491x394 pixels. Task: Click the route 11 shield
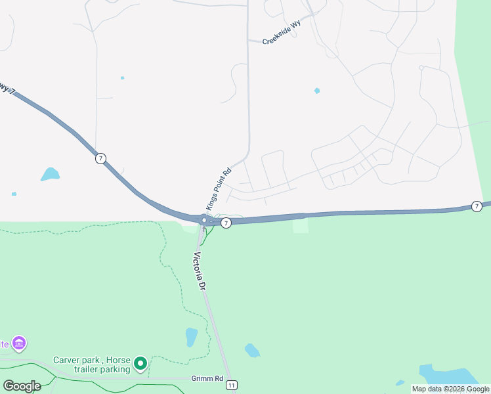pos(232,386)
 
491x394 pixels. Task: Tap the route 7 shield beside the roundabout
pos(226,223)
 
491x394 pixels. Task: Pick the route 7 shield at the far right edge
pos(477,206)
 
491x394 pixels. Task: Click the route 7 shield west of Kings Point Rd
pos(100,158)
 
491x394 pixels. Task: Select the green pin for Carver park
pos(140,363)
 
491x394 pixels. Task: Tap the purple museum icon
pos(20,344)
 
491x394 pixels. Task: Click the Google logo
pos(22,385)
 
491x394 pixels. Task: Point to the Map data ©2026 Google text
pos(450,389)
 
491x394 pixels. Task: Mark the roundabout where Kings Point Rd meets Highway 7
pos(205,220)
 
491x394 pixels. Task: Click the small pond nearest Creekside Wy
pos(317,91)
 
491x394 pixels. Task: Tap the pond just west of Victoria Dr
pos(191,337)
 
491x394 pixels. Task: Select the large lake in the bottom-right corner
pos(450,375)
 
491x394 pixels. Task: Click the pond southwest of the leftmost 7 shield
pos(50,174)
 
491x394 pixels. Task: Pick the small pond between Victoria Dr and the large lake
pos(252,350)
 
